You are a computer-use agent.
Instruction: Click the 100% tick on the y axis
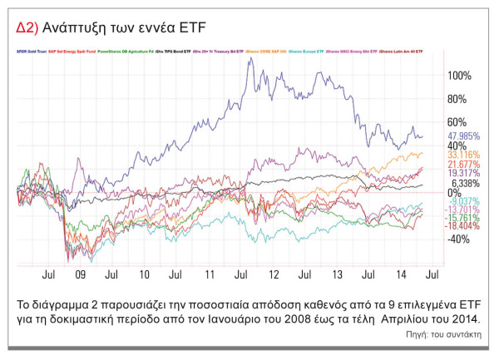click(458, 75)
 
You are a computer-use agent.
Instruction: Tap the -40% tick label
click(458, 239)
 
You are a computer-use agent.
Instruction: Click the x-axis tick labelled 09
click(80, 273)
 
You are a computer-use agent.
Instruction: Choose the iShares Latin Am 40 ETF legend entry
click(402, 52)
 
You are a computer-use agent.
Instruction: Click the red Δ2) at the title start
click(27, 27)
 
